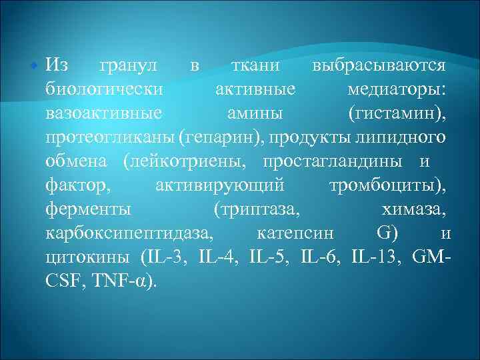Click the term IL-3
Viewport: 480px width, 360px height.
pyautogui.click(x=167, y=257)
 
